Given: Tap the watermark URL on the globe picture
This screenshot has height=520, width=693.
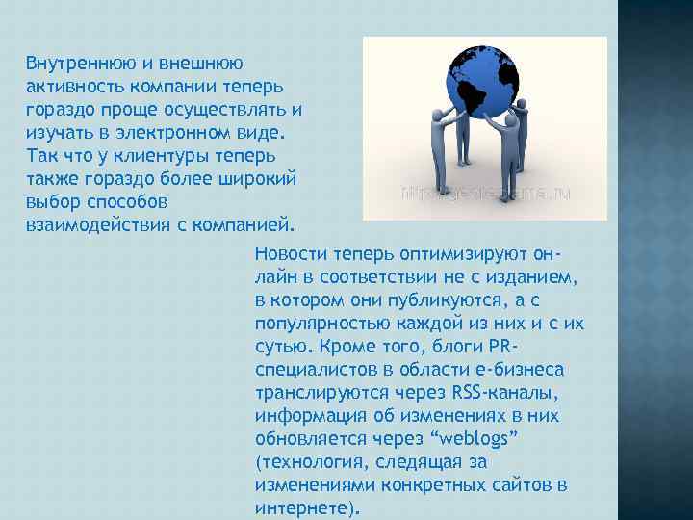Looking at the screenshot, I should [485, 193].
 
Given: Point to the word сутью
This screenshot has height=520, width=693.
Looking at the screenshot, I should [279, 346].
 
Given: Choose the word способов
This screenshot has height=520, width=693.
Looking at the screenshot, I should [124, 202].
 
